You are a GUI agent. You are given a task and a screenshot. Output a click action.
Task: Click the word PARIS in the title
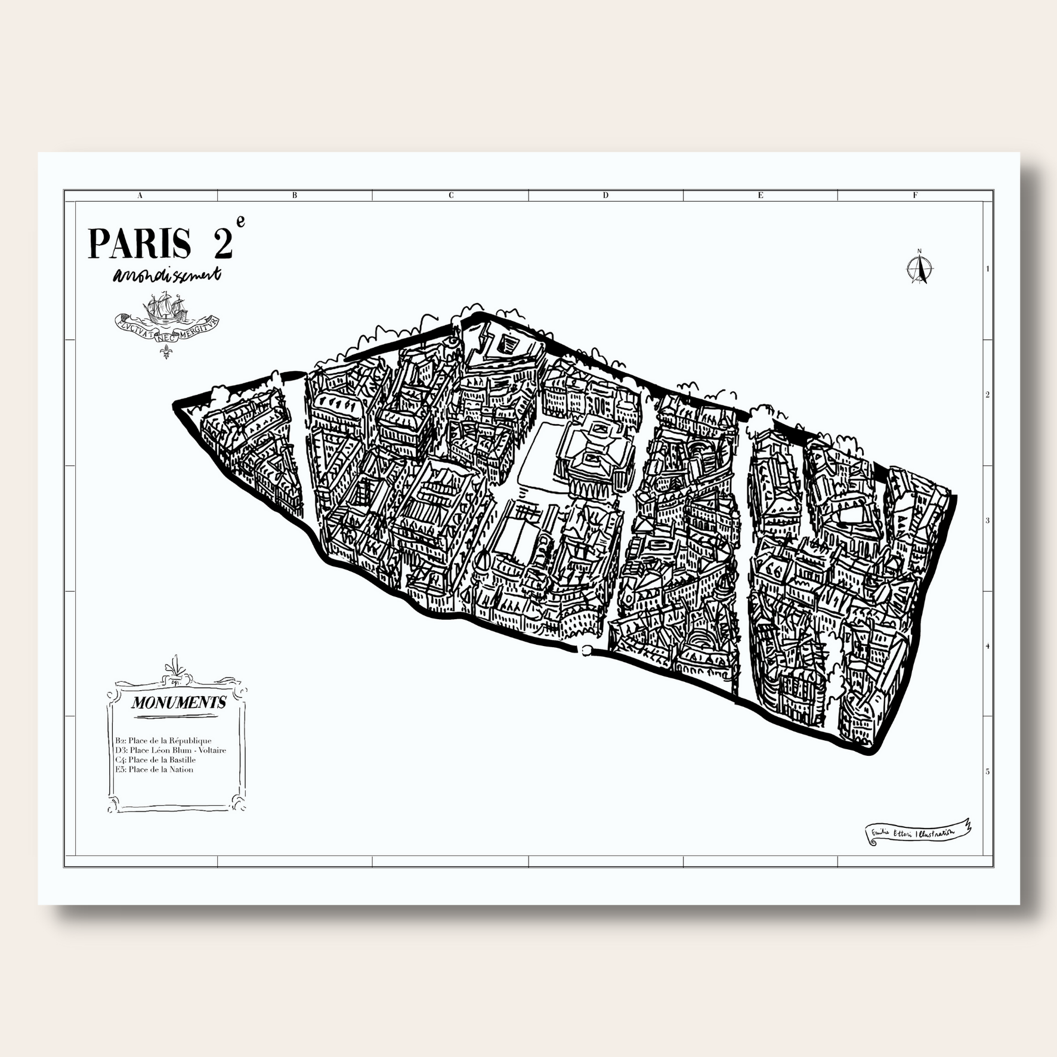(140, 243)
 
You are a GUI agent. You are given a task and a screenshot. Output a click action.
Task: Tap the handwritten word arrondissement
(166, 275)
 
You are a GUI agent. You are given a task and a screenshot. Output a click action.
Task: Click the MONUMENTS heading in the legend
(178, 703)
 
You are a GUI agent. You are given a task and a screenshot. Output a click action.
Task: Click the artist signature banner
(917, 831)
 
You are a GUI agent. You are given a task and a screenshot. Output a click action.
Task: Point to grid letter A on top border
(140, 195)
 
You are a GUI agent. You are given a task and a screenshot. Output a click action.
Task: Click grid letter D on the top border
(605, 195)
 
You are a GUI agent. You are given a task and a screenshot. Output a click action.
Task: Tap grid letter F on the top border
(915, 195)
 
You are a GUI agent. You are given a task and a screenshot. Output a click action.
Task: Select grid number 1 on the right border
(987, 268)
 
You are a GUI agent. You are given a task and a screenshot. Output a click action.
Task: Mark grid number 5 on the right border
(987, 771)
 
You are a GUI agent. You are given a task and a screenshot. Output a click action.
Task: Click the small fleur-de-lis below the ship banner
(166, 352)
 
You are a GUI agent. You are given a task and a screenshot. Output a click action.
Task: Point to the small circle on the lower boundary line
(586, 650)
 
